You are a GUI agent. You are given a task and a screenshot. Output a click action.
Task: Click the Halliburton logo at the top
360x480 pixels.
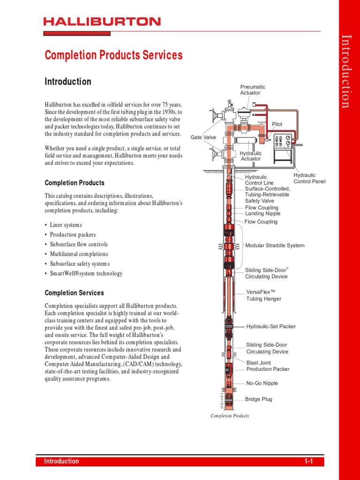(x=102, y=22)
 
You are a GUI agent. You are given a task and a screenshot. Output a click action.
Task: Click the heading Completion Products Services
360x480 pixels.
(x=113, y=55)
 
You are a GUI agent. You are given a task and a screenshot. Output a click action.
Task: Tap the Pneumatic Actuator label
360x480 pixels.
(x=252, y=90)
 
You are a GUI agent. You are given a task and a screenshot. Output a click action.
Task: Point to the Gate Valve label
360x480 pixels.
(x=203, y=137)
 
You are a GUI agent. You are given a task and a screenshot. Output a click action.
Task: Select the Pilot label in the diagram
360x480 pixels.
(x=277, y=124)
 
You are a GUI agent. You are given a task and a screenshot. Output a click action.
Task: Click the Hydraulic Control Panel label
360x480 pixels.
(x=309, y=178)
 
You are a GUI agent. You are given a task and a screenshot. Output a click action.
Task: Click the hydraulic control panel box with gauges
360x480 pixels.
(x=284, y=142)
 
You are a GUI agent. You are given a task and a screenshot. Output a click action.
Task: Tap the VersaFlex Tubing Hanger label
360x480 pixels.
(x=264, y=295)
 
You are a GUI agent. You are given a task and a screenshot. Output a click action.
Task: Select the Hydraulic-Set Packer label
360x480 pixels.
(x=271, y=326)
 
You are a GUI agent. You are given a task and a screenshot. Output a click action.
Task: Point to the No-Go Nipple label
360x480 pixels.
(x=262, y=383)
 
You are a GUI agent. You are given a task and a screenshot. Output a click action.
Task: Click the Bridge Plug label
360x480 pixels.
(x=258, y=399)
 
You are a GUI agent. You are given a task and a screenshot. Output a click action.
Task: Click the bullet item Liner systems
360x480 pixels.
(x=66, y=225)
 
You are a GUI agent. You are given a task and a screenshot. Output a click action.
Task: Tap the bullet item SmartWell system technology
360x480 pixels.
(x=86, y=274)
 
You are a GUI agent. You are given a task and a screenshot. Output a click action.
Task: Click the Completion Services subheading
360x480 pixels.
(x=74, y=293)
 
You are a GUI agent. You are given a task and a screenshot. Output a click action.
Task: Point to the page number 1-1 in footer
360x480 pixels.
(x=308, y=461)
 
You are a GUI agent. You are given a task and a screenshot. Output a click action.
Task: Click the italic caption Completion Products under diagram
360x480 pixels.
(x=230, y=416)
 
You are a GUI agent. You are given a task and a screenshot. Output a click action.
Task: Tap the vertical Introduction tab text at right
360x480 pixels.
(x=346, y=71)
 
